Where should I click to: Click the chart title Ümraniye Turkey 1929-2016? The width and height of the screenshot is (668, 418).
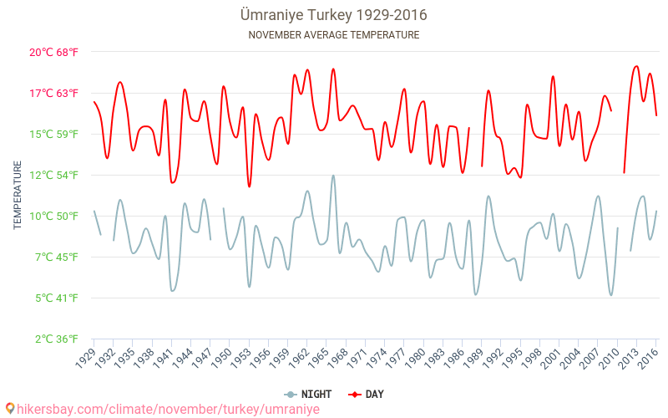pos(333,16)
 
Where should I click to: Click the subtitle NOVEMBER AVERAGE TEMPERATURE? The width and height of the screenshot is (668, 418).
pos(333,35)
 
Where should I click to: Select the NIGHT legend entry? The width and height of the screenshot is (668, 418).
pos(309,394)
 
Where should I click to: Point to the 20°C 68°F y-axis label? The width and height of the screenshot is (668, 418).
pos(53,52)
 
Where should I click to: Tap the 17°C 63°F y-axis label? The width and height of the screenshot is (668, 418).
pos(53,93)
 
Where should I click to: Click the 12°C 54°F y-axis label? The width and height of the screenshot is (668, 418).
pos(53,175)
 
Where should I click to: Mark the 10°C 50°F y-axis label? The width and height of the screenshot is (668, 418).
pos(53,216)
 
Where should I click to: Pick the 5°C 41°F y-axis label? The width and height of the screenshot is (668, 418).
pos(53,298)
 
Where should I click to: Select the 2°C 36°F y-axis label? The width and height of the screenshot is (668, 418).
pos(53,339)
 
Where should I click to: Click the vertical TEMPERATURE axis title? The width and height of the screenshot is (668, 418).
pos(18,196)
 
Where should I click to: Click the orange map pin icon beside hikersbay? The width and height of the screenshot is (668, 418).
pos(9,409)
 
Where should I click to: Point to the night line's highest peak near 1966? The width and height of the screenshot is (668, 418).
pos(333,176)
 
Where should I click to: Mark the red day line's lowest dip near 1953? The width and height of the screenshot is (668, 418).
pos(249,186)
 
